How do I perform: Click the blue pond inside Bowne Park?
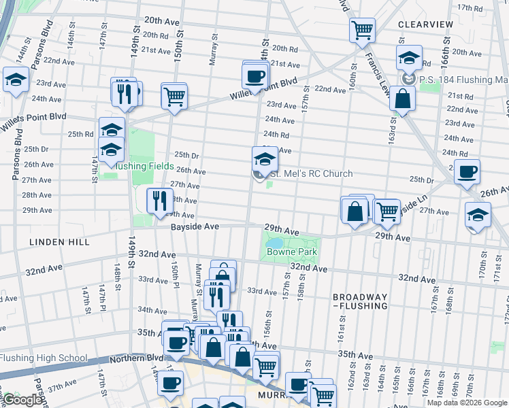pos(275,242)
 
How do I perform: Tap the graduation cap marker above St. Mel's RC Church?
pos(265,160)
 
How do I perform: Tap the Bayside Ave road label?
pos(194,226)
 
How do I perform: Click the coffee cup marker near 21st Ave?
pos(255,76)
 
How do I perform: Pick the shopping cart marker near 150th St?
pos(174,95)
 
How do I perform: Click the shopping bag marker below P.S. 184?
pos(403,99)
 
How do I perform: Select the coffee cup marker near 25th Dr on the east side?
pos(467,173)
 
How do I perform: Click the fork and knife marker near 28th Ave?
pos(157,200)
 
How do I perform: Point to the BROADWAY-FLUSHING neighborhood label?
pos(360,303)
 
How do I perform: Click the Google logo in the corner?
pos(22,400)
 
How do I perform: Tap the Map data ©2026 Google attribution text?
pos(466,403)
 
